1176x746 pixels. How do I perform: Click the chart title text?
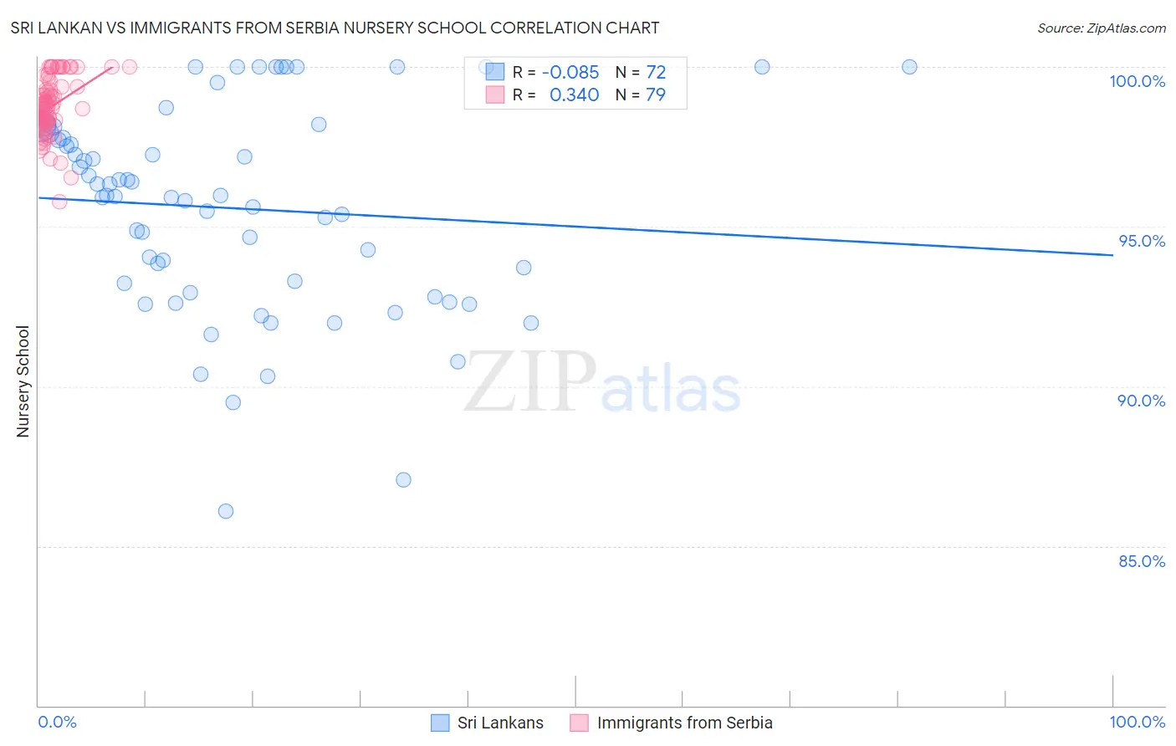335,28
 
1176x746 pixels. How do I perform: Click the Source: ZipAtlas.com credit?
1101,28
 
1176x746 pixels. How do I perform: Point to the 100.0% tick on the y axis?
1137,81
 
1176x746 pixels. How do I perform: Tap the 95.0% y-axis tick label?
1142,241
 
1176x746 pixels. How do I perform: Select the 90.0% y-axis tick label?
1141,401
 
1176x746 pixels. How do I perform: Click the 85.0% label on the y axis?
1142,561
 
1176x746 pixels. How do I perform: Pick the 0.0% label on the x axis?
57,722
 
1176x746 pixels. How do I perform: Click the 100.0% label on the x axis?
1137,722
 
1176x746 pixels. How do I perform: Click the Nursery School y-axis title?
23,381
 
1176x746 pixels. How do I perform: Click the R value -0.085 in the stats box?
570,73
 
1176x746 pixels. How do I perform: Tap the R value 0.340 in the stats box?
574,95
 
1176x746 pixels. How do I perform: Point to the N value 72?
656,73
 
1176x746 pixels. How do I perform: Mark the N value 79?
656,95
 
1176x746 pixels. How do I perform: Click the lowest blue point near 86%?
226,511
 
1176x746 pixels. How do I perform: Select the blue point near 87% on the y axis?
403,480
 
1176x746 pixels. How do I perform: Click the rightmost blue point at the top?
909,67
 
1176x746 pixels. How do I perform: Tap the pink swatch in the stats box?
495,95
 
